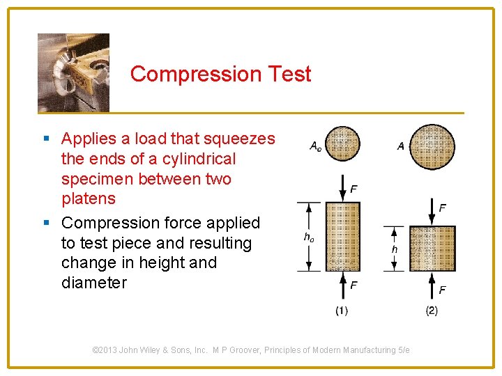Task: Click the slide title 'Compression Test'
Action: (x=220, y=74)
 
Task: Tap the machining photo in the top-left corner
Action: (x=73, y=72)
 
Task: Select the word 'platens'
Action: (x=89, y=198)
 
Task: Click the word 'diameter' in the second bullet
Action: (x=94, y=283)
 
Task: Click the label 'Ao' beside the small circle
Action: (x=316, y=146)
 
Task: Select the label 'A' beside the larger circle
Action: (x=400, y=146)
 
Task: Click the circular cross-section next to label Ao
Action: (x=342, y=143)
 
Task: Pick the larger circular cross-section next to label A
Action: (x=432, y=147)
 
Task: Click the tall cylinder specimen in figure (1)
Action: (x=342, y=237)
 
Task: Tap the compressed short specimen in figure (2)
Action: (x=432, y=249)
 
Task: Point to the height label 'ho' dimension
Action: (x=309, y=237)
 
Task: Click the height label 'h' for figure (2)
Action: (x=395, y=249)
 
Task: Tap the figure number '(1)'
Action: (x=342, y=311)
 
